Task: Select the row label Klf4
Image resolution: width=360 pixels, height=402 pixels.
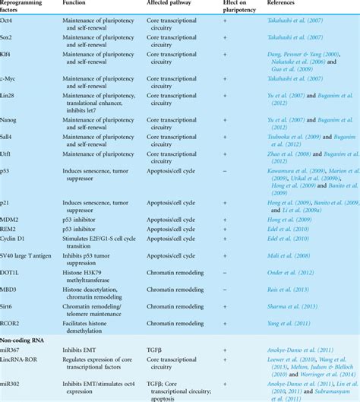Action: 9,56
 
